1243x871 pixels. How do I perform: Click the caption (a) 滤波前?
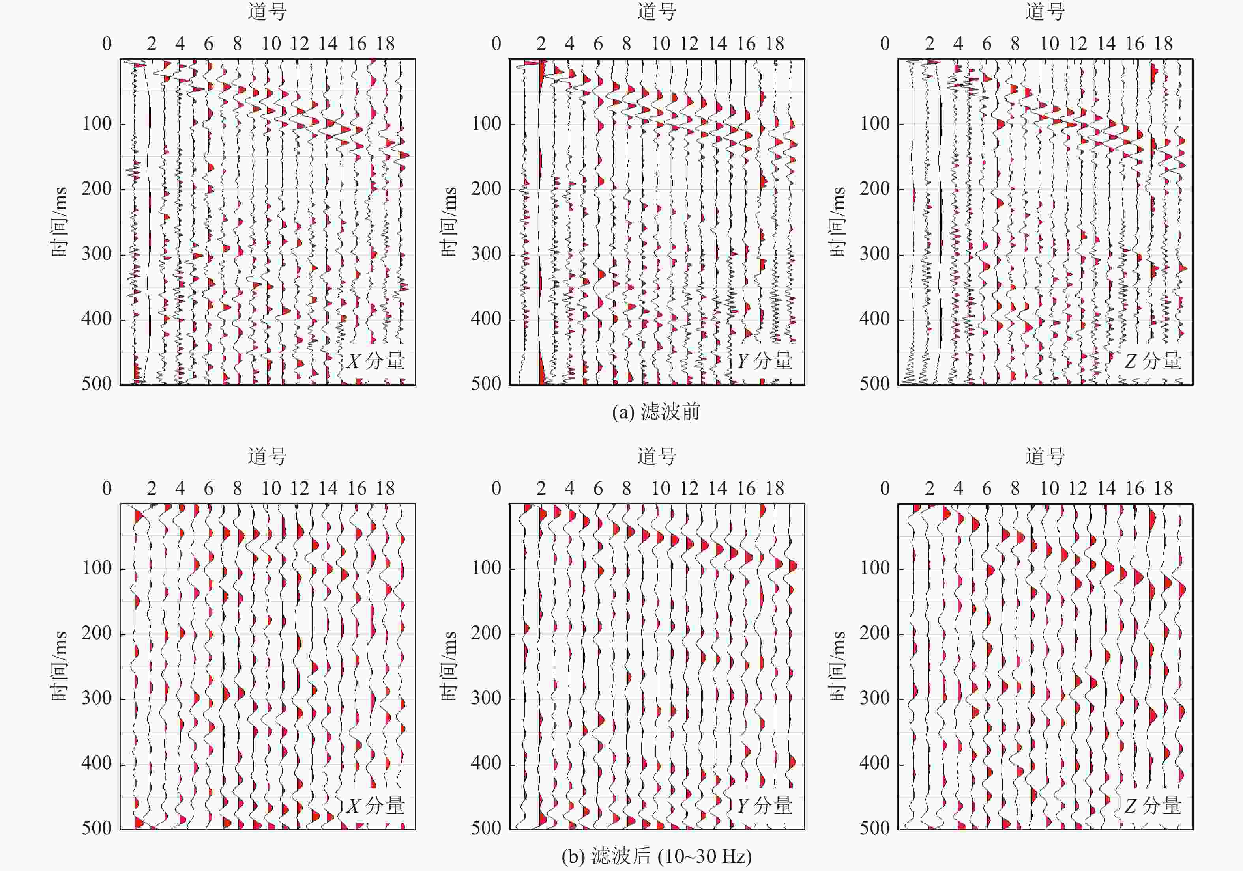[656, 412]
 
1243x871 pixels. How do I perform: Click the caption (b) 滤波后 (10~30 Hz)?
[656, 856]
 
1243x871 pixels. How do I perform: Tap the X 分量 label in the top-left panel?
[376, 361]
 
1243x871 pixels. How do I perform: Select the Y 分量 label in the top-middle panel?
[764, 361]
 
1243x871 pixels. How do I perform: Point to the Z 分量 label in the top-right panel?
[1153, 361]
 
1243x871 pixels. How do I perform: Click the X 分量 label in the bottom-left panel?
[376, 806]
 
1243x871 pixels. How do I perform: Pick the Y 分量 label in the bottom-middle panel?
[764, 806]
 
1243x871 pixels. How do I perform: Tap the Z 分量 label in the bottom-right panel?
[1153, 806]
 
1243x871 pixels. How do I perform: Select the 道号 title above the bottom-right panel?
[1045, 457]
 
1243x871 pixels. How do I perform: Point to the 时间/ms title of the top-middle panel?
[449, 222]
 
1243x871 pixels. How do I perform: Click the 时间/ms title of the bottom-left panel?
[60, 666]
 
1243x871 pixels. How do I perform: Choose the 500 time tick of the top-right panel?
[874, 384]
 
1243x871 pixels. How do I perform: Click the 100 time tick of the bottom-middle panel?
[486, 568]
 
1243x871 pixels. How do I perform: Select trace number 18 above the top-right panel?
[1163, 44]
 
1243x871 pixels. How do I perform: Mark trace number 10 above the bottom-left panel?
[271, 489]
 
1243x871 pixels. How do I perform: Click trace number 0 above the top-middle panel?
[496, 44]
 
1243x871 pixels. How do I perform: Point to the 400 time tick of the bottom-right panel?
[874, 763]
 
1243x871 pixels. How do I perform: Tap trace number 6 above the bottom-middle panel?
[598, 489]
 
